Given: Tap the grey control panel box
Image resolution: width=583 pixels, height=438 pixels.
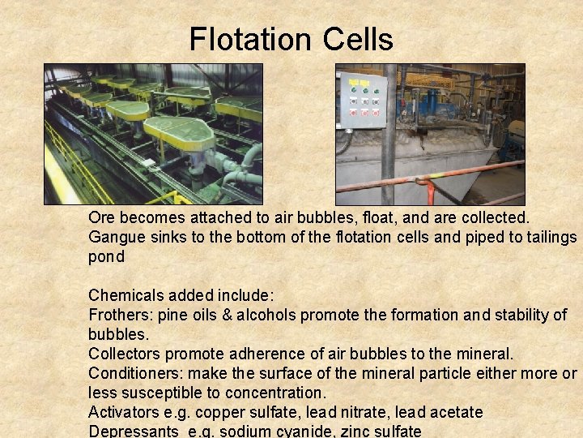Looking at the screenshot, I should (362, 100).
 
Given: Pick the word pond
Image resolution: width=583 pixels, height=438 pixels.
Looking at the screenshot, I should (106, 256).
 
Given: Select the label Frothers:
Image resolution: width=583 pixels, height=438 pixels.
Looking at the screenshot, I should (121, 315).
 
